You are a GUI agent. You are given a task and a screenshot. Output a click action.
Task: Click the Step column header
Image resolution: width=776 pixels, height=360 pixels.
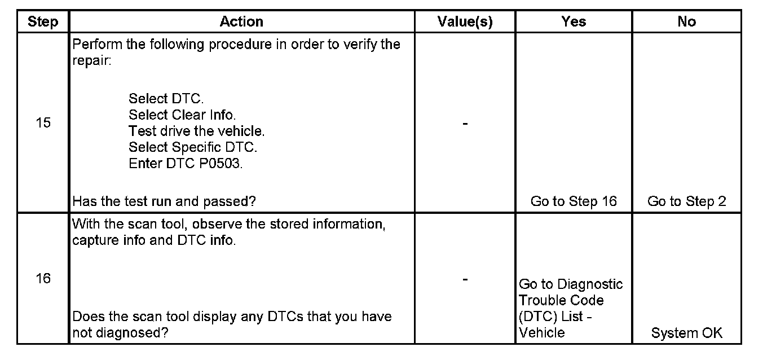click(x=43, y=22)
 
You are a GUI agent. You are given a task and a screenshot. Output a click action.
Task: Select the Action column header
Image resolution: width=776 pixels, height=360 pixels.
click(x=241, y=22)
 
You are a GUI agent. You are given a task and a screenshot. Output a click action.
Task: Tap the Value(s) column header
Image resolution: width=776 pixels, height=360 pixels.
click(x=465, y=22)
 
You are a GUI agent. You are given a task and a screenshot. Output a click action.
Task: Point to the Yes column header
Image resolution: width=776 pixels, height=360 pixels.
click(x=574, y=22)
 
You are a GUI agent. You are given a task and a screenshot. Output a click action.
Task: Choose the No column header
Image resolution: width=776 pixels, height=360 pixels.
click(x=686, y=22)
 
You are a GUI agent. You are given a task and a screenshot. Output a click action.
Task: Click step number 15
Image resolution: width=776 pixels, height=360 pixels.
click(x=43, y=123)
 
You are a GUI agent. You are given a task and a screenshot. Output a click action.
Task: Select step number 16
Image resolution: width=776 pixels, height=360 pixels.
click(x=43, y=279)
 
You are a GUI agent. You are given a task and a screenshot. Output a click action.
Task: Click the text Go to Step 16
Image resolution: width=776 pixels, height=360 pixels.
click(x=574, y=201)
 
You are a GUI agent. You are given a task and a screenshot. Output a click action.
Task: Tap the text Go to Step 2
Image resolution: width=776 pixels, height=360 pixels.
click(x=686, y=201)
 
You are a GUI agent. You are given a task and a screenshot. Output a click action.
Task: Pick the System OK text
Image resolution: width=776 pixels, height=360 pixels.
click(x=686, y=333)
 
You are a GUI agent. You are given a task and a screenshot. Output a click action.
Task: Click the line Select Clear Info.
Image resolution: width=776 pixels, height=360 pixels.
click(x=182, y=115)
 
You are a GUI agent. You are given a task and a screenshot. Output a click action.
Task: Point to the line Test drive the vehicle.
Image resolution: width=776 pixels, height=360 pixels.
click(x=196, y=131)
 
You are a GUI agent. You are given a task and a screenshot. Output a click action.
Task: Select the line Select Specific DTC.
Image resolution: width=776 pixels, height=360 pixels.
click(x=192, y=148)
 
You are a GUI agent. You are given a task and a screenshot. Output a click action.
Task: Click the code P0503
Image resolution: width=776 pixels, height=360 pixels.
click(x=224, y=164)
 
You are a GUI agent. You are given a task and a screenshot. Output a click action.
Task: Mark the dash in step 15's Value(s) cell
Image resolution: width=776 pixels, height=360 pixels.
click(x=465, y=124)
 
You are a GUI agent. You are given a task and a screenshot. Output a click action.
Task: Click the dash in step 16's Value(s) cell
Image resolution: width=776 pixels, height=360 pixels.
click(x=465, y=279)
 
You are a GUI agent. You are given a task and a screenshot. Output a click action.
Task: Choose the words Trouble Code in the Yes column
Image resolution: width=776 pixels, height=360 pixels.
click(x=561, y=301)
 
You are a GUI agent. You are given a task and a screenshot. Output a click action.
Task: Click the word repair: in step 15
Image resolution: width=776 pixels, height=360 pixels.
click(x=92, y=60)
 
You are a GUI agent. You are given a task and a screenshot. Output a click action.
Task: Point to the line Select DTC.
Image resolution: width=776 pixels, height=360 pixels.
click(x=166, y=99)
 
